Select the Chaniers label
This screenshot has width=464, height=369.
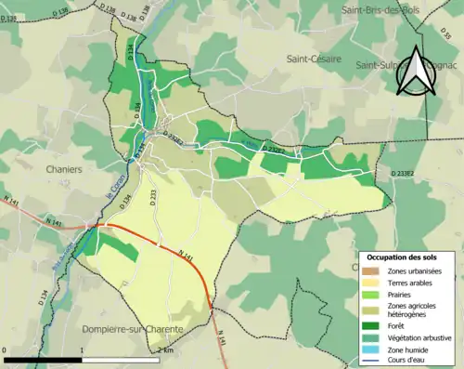click(64, 170)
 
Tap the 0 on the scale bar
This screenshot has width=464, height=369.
click(6, 349)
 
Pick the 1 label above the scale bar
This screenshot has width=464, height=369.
click(82, 349)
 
